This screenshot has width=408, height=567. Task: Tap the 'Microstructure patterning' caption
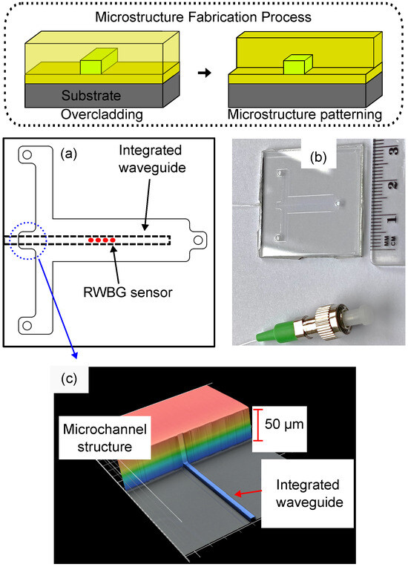tap(308, 115)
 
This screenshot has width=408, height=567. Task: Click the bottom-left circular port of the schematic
tap(27, 324)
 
